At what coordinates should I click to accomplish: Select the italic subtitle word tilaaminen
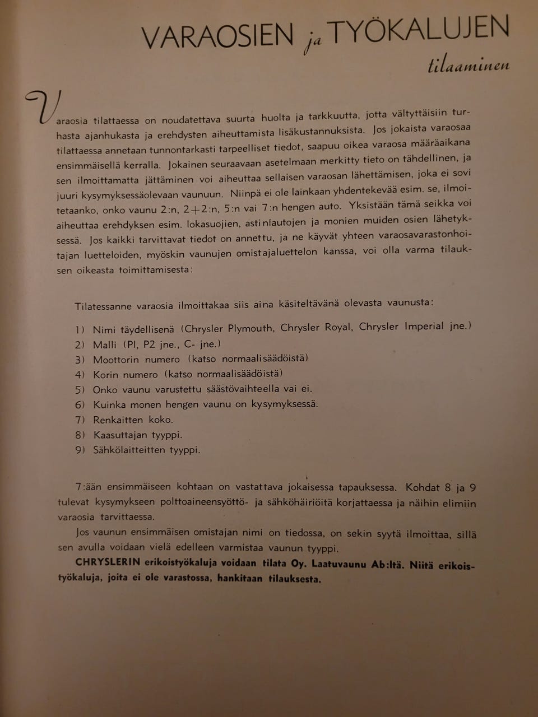pyautogui.click(x=469, y=66)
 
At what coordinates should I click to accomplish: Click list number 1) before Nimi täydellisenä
pyautogui.click(x=80, y=329)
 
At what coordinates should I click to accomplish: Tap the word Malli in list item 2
pyautogui.click(x=105, y=344)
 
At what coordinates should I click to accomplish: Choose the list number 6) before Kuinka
pyautogui.click(x=80, y=404)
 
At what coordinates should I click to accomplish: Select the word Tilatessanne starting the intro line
pyautogui.click(x=104, y=306)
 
